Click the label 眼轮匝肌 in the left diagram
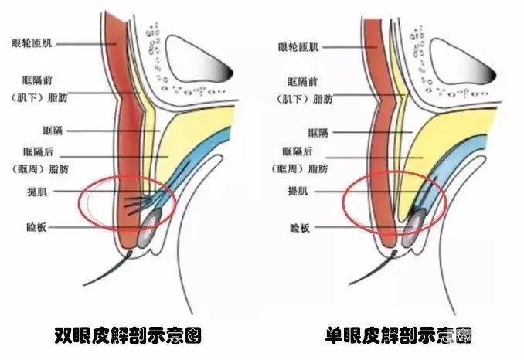[x=32, y=42]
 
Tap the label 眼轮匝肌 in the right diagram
[x=298, y=47]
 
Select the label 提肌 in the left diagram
[x=37, y=192]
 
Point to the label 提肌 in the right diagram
[x=298, y=191]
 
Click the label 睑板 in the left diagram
[x=36, y=227]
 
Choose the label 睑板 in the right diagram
[x=300, y=228]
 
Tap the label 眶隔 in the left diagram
[x=53, y=131]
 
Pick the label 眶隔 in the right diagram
[x=318, y=133]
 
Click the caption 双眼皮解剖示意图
[x=128, y=335]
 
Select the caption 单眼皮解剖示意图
[x=399, y=335]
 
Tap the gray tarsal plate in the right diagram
[x=414, y=228]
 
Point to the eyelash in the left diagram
[x=107, y=269]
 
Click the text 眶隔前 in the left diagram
[x=37, y=80]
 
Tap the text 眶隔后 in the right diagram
[x=298, y=151]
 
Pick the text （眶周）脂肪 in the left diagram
[x=40, y=169]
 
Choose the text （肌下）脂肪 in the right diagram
[x=305, y=99]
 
